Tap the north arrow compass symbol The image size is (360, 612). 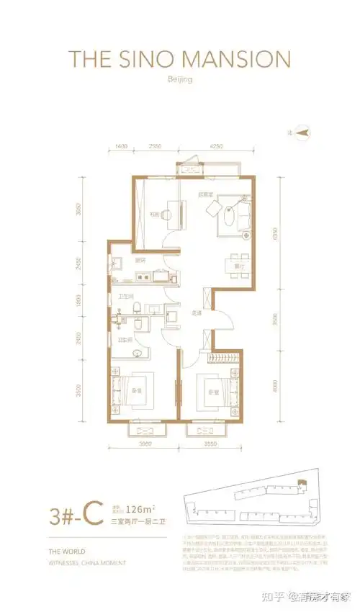click(x=302, y=132)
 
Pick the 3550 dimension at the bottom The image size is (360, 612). click(x=211, y=444)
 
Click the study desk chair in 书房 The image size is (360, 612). click(x=165, y=214)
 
